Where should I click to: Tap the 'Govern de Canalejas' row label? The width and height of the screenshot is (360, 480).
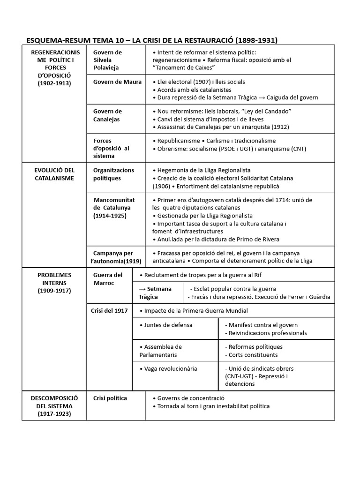point(107,115)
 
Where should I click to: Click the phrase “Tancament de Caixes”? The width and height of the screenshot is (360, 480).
point(180,67)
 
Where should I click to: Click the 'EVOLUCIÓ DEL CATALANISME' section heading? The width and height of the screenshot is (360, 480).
point(54,174)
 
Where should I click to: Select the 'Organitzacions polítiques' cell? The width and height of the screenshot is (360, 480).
point(113,174)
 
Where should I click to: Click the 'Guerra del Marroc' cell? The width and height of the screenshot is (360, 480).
point(108,279)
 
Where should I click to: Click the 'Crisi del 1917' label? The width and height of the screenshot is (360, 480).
point(110,311)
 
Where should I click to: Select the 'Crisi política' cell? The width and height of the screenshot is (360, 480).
point(110,398)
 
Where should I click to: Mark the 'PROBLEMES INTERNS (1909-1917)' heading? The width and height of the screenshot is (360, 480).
point(54,283)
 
